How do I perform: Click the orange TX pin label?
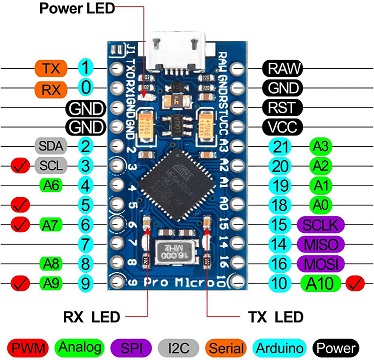click(x=50, y=69)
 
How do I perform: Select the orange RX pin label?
click(x=50, y=88)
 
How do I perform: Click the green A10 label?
click(x=320, y=283)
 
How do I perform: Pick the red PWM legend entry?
click(x=26, y=347)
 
